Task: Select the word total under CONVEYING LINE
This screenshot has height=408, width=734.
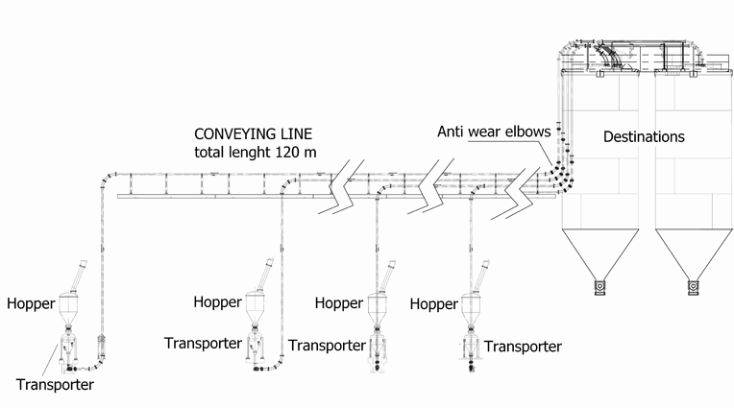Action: click(x=211, y=152)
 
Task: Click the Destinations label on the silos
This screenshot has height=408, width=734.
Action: click(x=643, y=137)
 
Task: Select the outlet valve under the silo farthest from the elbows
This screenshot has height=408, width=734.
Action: click(x=693, y=286)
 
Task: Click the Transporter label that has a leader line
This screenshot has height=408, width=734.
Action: click(x=55, y=385)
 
